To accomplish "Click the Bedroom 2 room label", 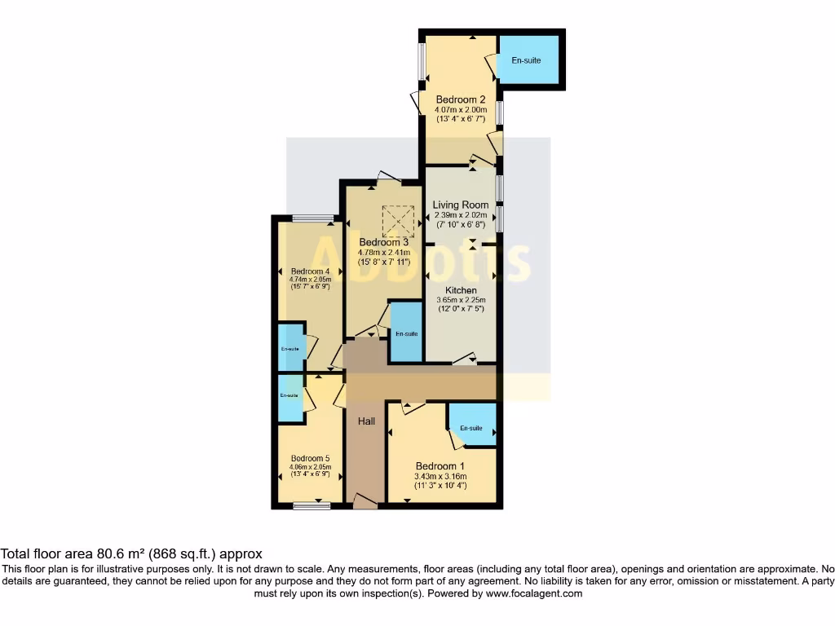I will (x=461, y=99).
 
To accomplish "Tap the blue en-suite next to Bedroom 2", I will (x=528, y=60).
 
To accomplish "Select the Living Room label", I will (x=461, y=205).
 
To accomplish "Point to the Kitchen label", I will (x=461, y=290).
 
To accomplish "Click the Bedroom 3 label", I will (x=384, y=242).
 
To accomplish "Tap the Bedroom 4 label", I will (x=310, y=271).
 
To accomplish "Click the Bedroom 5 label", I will (x=310, y=458).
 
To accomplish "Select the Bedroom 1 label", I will (x=440, y=466).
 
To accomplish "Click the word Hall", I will (x=365, y=421).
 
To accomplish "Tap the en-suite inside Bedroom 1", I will (x=471, y=427).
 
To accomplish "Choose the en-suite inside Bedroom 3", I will (x=406, y=333).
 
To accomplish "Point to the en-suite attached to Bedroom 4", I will (x=289, y=348).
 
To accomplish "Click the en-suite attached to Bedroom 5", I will (x=289, y=396).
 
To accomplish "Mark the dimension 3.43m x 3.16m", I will (x=440, y=476).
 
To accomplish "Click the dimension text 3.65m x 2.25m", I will (x=461, y=300).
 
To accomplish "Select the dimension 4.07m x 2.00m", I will (x=461, y=109).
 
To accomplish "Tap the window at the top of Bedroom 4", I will (x=313, y=218).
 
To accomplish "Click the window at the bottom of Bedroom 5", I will (x=312, y=506).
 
